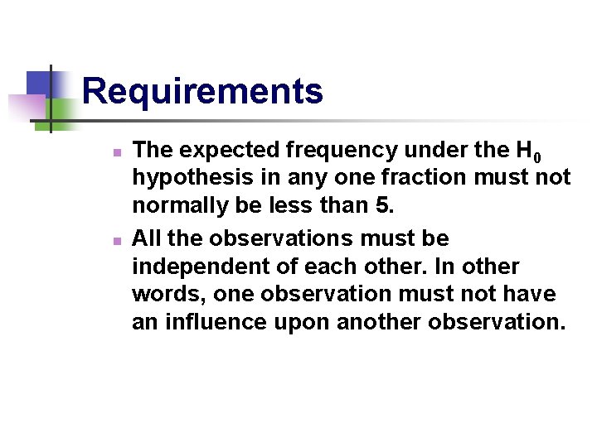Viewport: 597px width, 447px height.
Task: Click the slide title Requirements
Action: [x=202, y=91]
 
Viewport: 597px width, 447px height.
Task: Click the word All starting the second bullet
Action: [x=147, y=239]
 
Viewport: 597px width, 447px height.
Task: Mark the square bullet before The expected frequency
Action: [x=118, y=153]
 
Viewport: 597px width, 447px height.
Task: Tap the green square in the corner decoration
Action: [x=62, y=110]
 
